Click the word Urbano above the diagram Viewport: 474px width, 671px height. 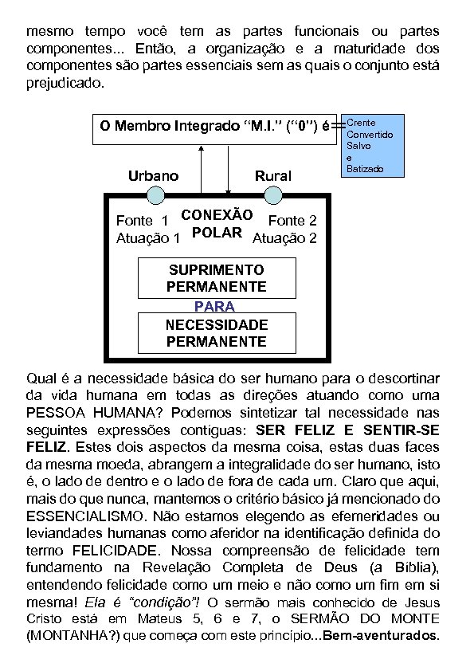[x=154, y=176]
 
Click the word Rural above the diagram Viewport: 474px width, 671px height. [x=272, y=176]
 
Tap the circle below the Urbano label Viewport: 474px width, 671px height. [x=156, y=195]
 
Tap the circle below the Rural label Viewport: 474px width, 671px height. [x=273, y=195]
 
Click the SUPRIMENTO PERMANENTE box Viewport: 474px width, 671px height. [x=217, y=278]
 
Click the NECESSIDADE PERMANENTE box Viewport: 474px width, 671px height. [x=217, y=333]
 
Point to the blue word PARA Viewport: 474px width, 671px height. [x=215, y=306]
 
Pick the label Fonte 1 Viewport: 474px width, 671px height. [x=142, y=221]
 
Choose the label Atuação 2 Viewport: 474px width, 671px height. [x=284, y=237]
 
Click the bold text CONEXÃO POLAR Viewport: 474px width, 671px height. [x=217, y=223]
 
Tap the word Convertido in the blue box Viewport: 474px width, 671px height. [x=370, y=135]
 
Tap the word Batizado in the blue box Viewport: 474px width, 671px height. [x=365, y=169]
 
